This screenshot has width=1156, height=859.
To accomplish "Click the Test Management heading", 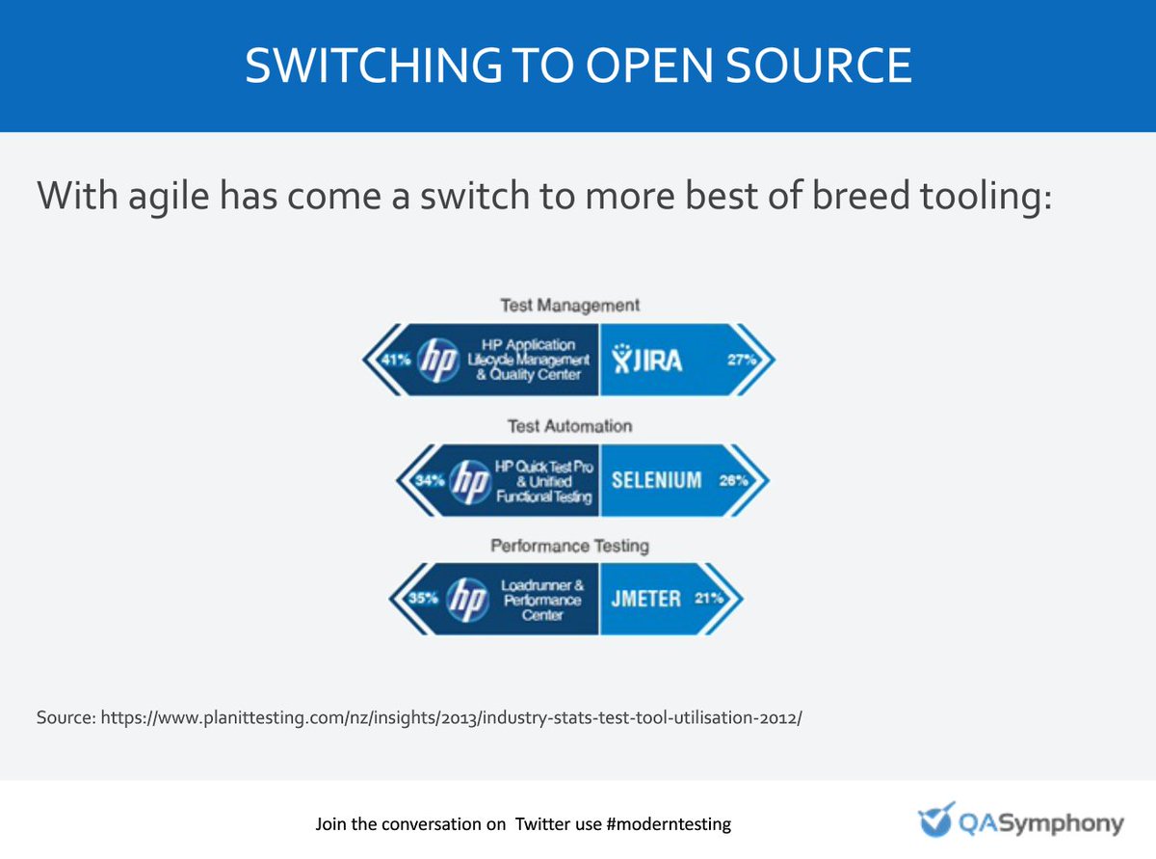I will (x=569, y=305).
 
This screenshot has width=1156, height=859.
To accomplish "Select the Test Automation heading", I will (x=569, y=425).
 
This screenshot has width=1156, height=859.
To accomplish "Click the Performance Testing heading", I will (x=569, y=546).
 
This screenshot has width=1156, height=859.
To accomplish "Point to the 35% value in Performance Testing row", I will (x=420, y=599).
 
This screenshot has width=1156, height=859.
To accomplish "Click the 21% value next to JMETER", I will (x=710, y=599).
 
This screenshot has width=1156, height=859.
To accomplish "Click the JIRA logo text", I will (x=647, y=361).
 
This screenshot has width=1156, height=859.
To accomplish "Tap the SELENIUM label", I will (x=657, y=479).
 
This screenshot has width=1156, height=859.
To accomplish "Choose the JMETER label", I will (x=645, y=599).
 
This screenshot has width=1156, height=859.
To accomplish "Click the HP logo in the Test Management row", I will (x=439, y=360).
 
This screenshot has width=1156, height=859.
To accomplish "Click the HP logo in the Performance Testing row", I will (x=464, y=599).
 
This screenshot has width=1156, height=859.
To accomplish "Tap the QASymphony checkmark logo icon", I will (x=934, y=821).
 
